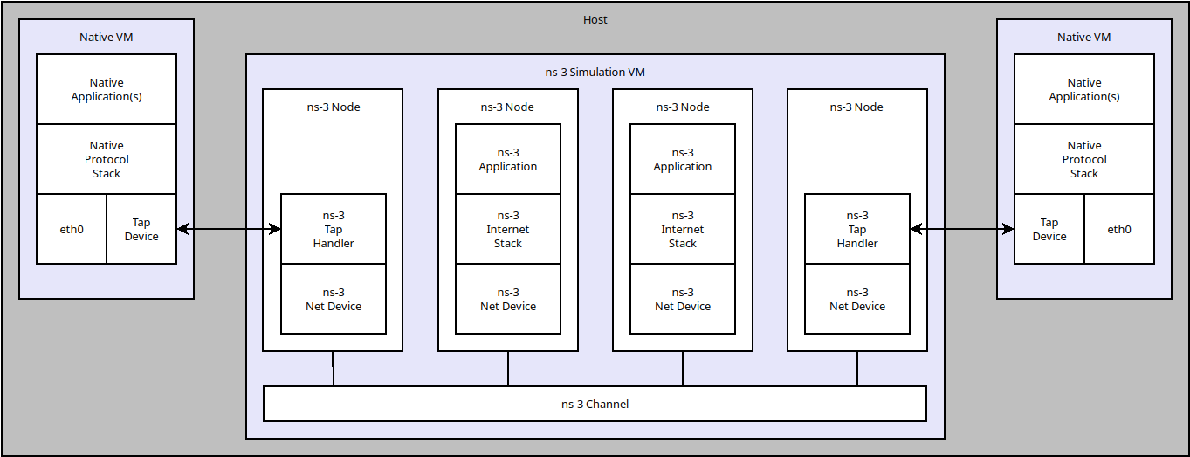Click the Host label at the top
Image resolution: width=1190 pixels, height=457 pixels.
595,19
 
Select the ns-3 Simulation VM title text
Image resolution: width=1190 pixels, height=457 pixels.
595,72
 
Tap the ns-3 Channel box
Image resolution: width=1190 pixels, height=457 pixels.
595,404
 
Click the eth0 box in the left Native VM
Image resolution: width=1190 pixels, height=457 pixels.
72,229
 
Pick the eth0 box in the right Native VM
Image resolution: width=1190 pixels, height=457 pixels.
1118,229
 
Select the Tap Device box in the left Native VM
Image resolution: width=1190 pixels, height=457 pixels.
141,229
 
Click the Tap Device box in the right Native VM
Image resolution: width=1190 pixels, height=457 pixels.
1049,229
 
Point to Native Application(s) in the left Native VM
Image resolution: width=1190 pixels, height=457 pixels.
107,89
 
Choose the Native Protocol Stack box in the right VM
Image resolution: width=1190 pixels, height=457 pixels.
1083,159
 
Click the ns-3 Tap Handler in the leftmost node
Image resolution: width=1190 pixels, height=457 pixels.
333,229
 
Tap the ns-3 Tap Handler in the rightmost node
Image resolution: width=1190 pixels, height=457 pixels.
856,229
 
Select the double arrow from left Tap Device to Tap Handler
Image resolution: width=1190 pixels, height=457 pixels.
229,229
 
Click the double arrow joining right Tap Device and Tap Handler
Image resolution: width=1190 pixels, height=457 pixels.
961,229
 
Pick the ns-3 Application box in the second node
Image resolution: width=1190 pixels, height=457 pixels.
507,159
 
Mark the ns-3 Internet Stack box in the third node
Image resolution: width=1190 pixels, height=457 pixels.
682,229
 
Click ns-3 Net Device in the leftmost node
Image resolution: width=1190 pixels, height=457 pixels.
333,299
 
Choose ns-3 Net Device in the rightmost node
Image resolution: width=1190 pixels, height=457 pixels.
856,299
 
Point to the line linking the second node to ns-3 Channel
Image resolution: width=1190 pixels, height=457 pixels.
508,369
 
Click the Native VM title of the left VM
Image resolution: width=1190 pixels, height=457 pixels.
107,37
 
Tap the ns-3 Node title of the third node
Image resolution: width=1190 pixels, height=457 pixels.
682,107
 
